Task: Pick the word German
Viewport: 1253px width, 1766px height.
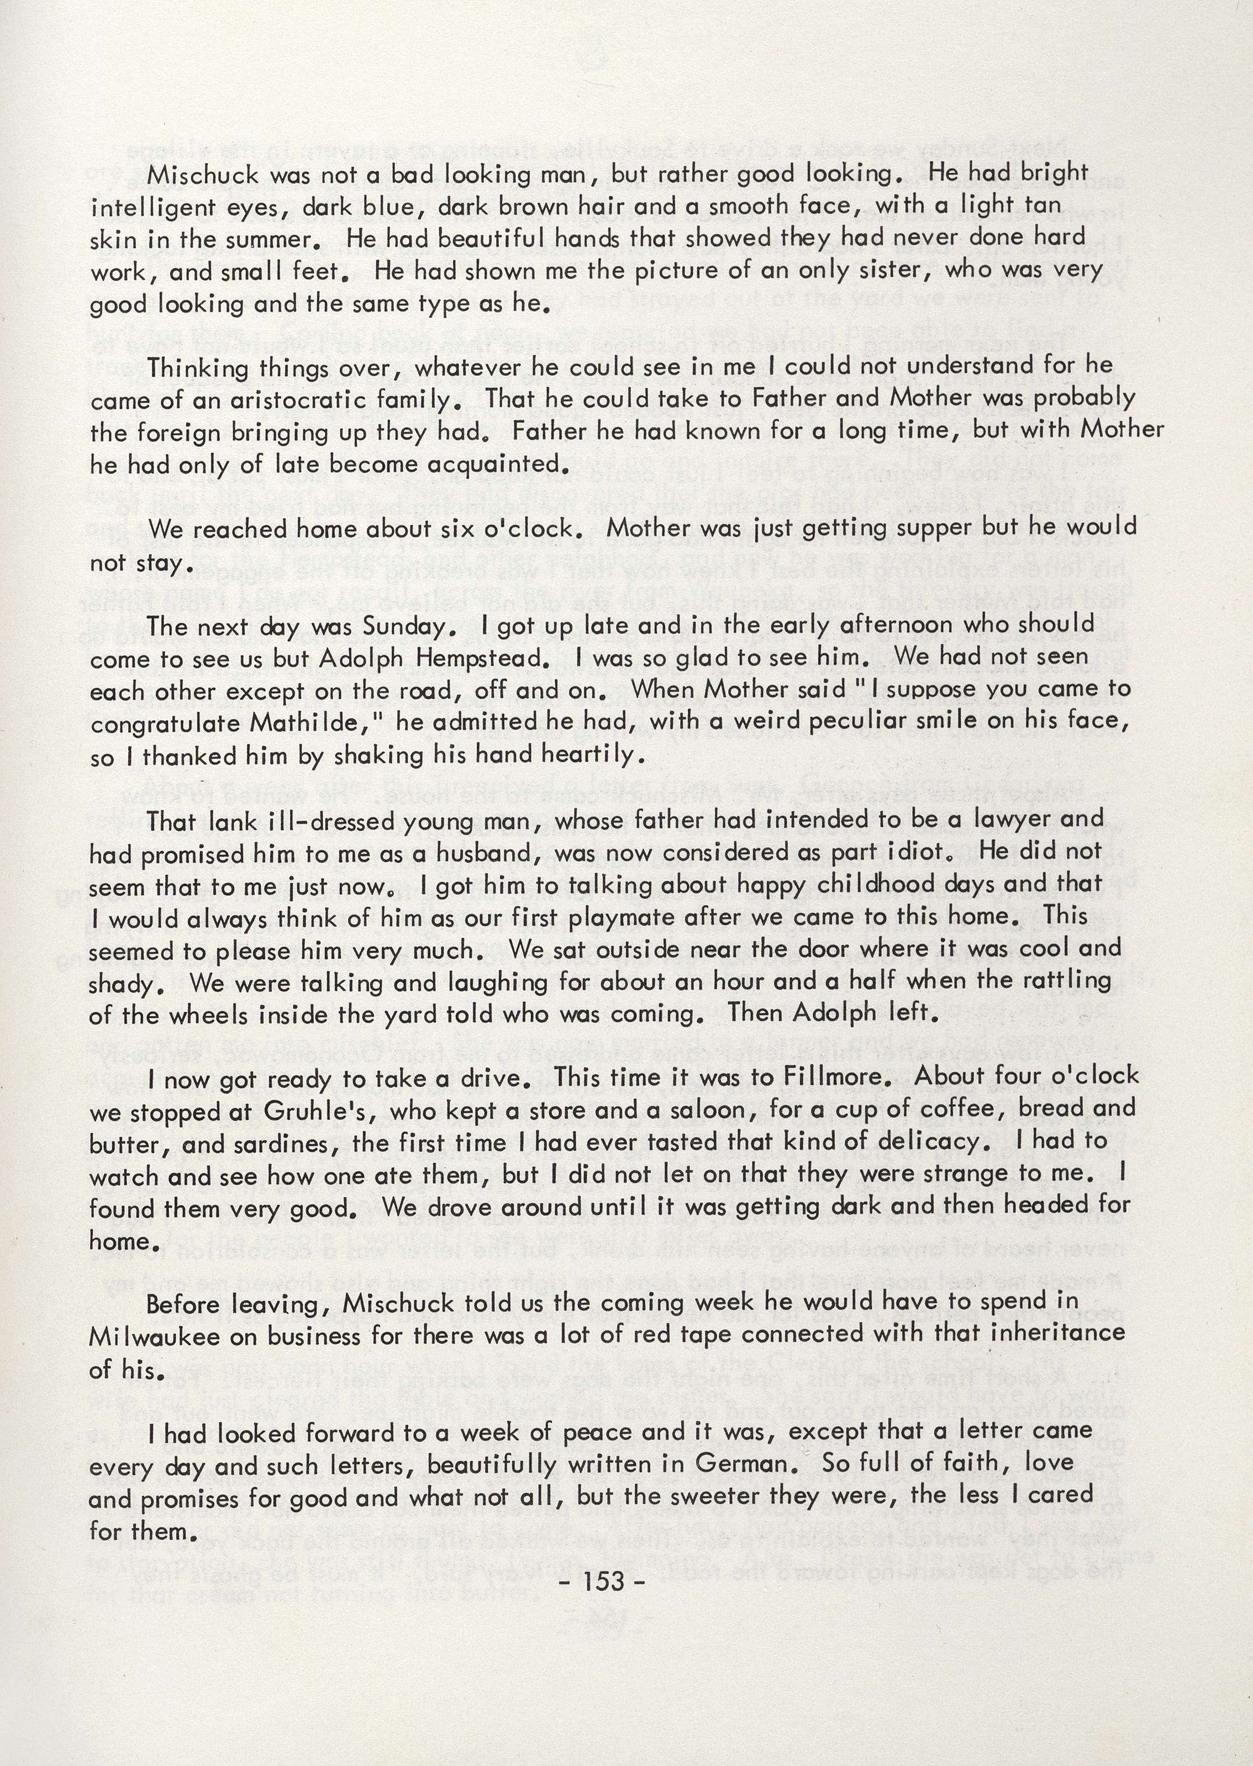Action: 741,1464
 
